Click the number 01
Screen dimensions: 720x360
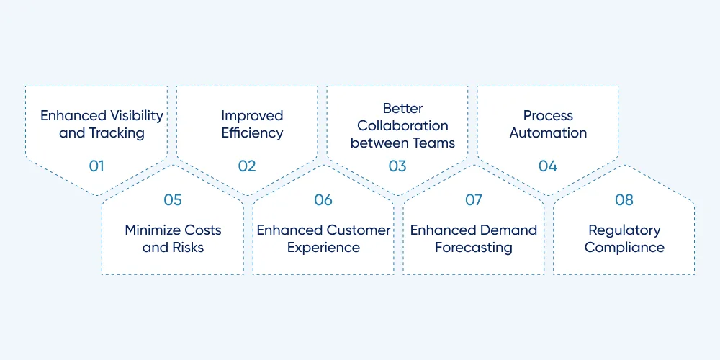pyautogui.click(x=96, y=166)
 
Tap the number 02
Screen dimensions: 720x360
pyautogui.click(x=246, y=166)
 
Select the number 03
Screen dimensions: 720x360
pyautogui.click(x=397, y=166)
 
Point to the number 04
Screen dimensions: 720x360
pyautogui.click(x=548, y=166)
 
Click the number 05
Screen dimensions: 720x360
pyautogui.click(x=173, y=199)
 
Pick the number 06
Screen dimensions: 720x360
pyautogui.click(x=323, y=199)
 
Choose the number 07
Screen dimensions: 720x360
pyautogui.click(x=474, y=199)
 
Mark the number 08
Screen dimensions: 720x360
pyautogui.click(x=624, y=199)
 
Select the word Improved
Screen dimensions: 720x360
pyautogui.click(x=252, y=116)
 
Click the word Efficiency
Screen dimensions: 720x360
pyautogui.click(x=252, y=133)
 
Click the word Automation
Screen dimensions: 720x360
pyautogui.click(x=548, y=133)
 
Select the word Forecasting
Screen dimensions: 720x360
pyautogui.click(x=474, y=248)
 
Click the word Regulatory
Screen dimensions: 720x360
pyautogui.click(x=624, y=230)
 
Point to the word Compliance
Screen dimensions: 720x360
pyautogui.click(x=624, y=248)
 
